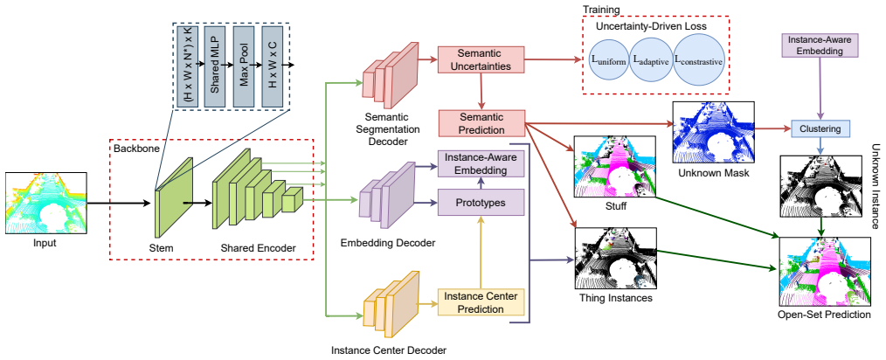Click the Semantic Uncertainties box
pyautogui.click(x=481, y=60)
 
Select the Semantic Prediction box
pyautogui.click(x=481, y=124)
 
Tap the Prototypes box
pyautogui.click(x=481, y=202)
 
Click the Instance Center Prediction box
pyautogui.click(x=481, y=302)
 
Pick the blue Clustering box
pyautogui.click(x=820, y=128)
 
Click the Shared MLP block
pyautogui.click(x=215, y=66)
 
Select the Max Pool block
pyautogui.click(x=244, y=66)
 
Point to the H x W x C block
pyautogui.click(x=272, y=66)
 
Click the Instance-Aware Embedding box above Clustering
pyautogui.click(x=819, y=45)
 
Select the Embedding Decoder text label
pyautogui.click(x=388, y=243)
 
